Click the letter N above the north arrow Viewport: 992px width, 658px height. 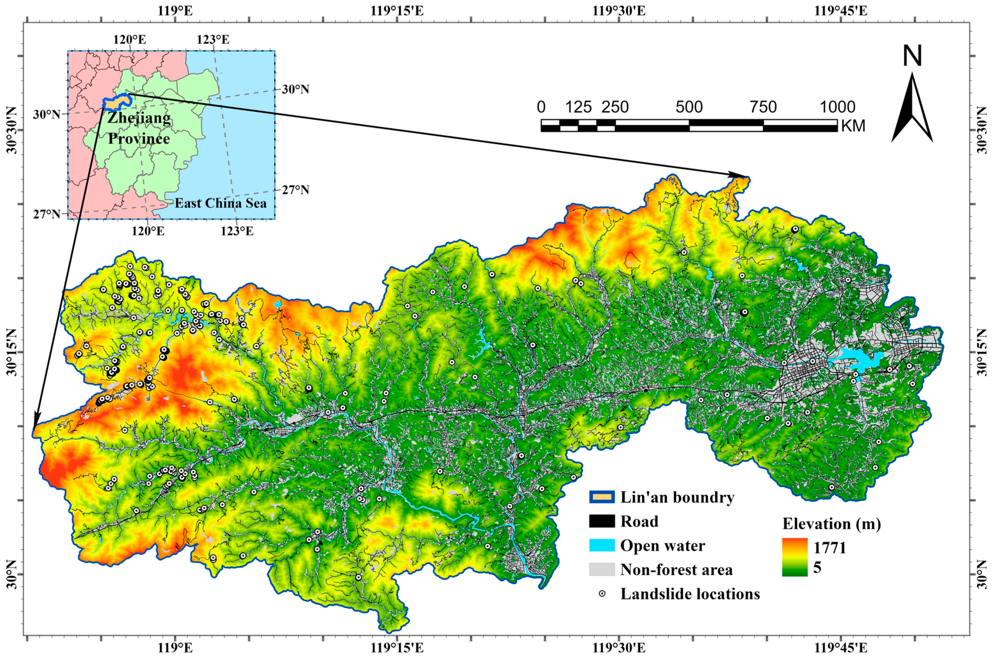click(x=912, y=56)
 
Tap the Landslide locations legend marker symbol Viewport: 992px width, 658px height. click(x=602, y=594)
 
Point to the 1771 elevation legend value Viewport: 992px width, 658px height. click(x=830, y=548)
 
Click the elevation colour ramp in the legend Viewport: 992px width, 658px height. click(x=795, y=557)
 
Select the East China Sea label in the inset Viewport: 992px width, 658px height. click(x=221, y=203)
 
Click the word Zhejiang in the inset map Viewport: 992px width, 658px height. click(x=139, y=118)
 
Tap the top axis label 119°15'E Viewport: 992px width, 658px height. click(x=397, y=10)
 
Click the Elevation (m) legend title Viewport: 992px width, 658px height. click(x=831, y=524)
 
